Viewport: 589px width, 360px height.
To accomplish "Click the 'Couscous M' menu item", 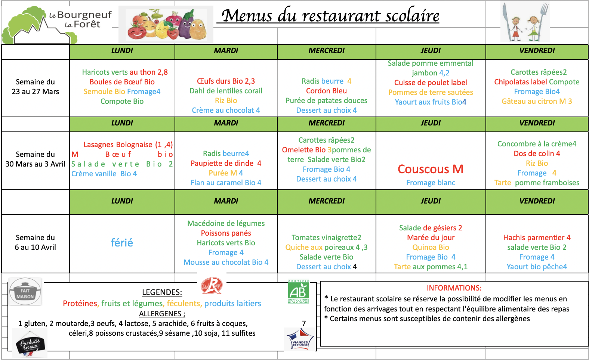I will (x=430, y=169).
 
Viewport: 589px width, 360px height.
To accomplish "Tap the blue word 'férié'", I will (x=122, y=243).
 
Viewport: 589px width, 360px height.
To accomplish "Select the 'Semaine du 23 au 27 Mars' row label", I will (x=36, y=87).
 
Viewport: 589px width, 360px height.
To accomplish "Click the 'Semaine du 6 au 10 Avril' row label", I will (x=36, y=242).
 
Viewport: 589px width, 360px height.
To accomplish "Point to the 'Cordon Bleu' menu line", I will (x=326, y=91).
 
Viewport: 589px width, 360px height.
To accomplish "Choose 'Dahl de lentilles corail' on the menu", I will (x=226, y=91).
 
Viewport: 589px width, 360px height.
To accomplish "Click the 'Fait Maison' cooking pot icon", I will (x=25, y=292).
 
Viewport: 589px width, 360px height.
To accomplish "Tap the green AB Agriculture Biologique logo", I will (x=299, y=292).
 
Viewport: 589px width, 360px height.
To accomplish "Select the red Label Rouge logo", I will (x=212, y=286).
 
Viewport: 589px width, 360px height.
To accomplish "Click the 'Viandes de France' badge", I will (x=299, y=339).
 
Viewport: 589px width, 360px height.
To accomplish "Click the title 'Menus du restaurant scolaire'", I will (x=330, y=16).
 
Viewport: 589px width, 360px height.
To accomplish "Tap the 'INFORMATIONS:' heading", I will (x=454, y=288).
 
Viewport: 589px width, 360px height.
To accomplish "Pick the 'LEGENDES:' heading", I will (x=162, y=292).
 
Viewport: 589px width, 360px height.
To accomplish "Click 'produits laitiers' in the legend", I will (x=232, y=304).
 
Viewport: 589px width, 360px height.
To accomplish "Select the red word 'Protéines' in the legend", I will (x=80, y=304).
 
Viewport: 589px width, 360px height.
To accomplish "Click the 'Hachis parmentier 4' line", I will (x=537, y=238).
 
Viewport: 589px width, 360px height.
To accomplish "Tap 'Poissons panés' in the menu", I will (x=226, y=233).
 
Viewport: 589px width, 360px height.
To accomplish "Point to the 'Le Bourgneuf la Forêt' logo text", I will (x=80, y=19).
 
